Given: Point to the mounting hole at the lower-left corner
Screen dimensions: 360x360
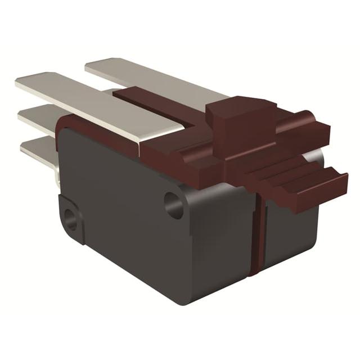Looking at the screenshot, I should pyautogui.click(x=71, y=218).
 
